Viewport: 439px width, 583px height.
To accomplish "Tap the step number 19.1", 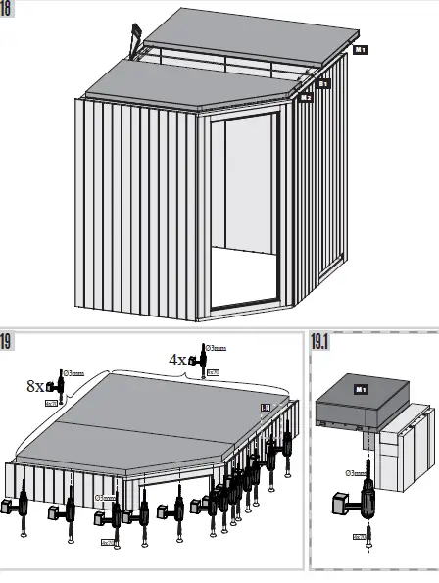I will coord(321,342).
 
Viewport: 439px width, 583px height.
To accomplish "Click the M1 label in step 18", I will coord(361,48).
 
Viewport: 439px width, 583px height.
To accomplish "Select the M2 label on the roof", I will coord(307,96).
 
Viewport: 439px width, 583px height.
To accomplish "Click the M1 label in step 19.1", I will coord(362,389).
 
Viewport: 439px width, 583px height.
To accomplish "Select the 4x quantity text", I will coord(177,360).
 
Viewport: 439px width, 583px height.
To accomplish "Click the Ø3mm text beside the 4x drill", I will coord(216,348).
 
